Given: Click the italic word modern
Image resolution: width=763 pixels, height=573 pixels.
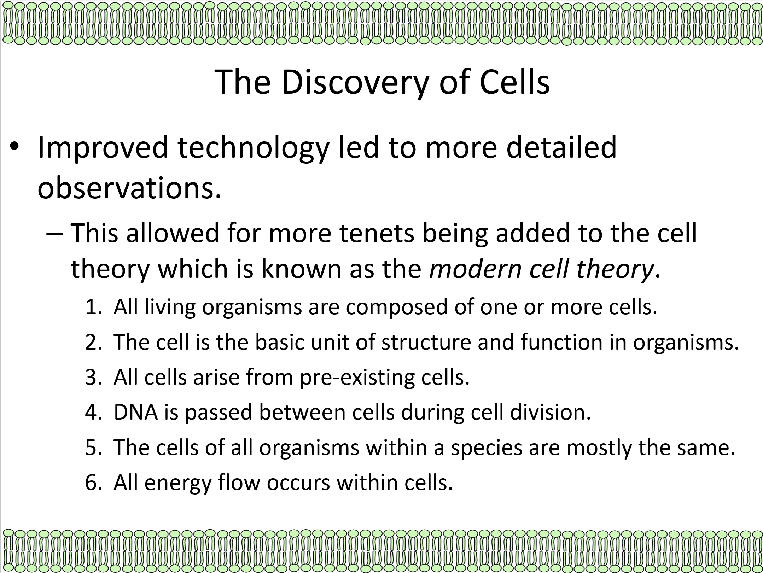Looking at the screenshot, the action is (x=475, y=269).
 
